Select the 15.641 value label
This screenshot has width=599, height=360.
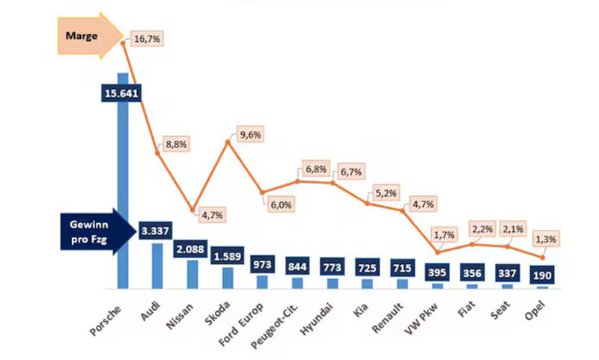tap(122, 93)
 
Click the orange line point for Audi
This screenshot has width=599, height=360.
tap(158, 153)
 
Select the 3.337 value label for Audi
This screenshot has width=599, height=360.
tap(157, 230)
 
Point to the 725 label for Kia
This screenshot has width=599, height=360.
tap(368, 266)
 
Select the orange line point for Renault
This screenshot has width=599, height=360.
tap(404, 211)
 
